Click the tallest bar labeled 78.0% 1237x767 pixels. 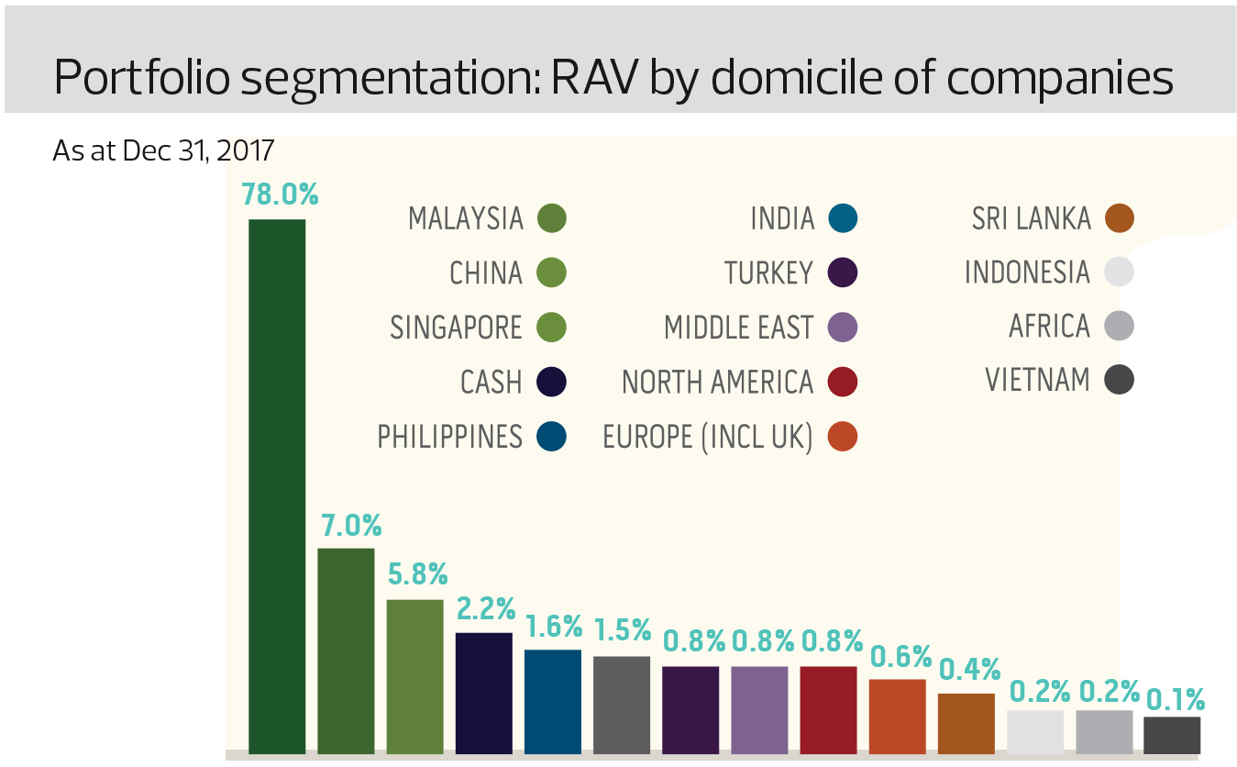[x=277, y=486]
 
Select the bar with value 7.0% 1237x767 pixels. [x=346, y=650]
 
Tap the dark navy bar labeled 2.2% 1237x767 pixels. [x=484, y=693]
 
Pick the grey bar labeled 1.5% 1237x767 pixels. [x=622, y=705]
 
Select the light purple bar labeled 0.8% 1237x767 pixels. [x=759, y=710]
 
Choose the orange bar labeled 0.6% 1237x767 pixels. [x=898, y=717]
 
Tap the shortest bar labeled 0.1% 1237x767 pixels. [x=1173, y=735]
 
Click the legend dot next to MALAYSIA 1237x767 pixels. [x=552, y=218]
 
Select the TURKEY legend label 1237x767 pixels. [x=768, y=272]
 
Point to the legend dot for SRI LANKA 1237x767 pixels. [x=1120, y=218]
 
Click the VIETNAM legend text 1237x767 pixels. [x=1038, y=380]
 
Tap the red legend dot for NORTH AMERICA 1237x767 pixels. [x=842, y=382]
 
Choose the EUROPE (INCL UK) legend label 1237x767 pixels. [x=707, y=437]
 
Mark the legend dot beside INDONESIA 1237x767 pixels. [x=1120, y=272]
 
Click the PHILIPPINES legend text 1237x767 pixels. [x=449, y=437]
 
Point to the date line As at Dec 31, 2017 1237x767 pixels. [x=163, y=150]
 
